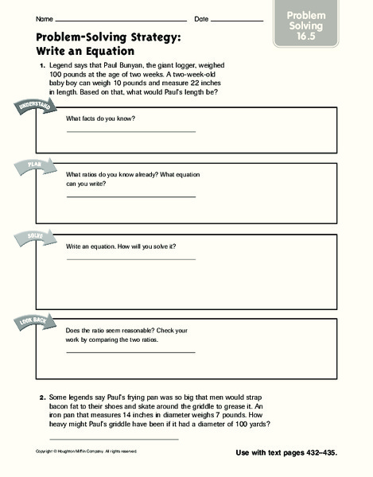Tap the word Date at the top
click(201, 18)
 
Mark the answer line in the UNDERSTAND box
click(130, 131)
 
